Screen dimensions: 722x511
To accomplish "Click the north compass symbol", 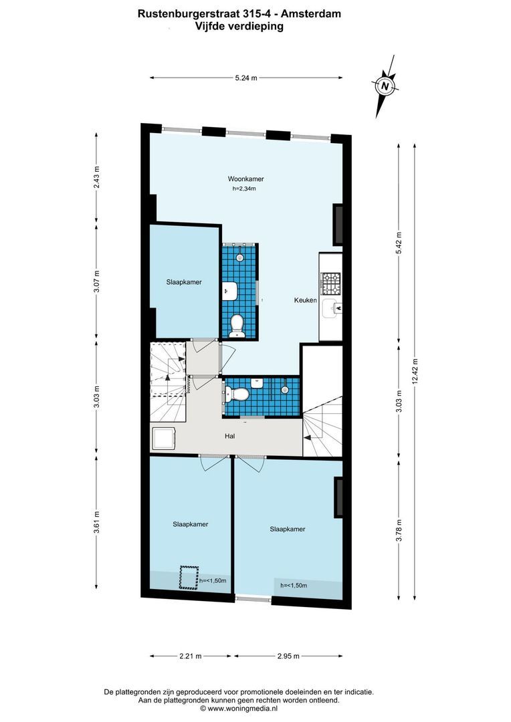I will pyautogui.click(x=383, y=86).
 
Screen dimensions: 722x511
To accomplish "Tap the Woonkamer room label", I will pyautogui.click(x=245, y=179).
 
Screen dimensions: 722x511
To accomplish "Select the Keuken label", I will pyautogui.click(x=305, y=301).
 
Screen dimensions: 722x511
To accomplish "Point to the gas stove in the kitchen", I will pyautogui.click(x=330, y=285).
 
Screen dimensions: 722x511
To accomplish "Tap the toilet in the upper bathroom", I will pyautogui.click(x=236, y=324).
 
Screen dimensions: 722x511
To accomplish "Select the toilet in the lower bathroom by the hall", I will pyautogui.click(x=237, y=392).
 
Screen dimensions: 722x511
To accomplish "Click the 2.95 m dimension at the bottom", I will pyautogui.click(x=288, y=656).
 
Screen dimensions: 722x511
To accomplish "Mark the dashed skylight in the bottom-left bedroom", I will pyautogui.click(x=189, y=578).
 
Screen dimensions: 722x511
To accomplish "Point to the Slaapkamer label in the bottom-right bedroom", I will pyautogui.click(x=288, y=529).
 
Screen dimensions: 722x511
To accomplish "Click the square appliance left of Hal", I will pyautogui.click(x=164, y=439).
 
